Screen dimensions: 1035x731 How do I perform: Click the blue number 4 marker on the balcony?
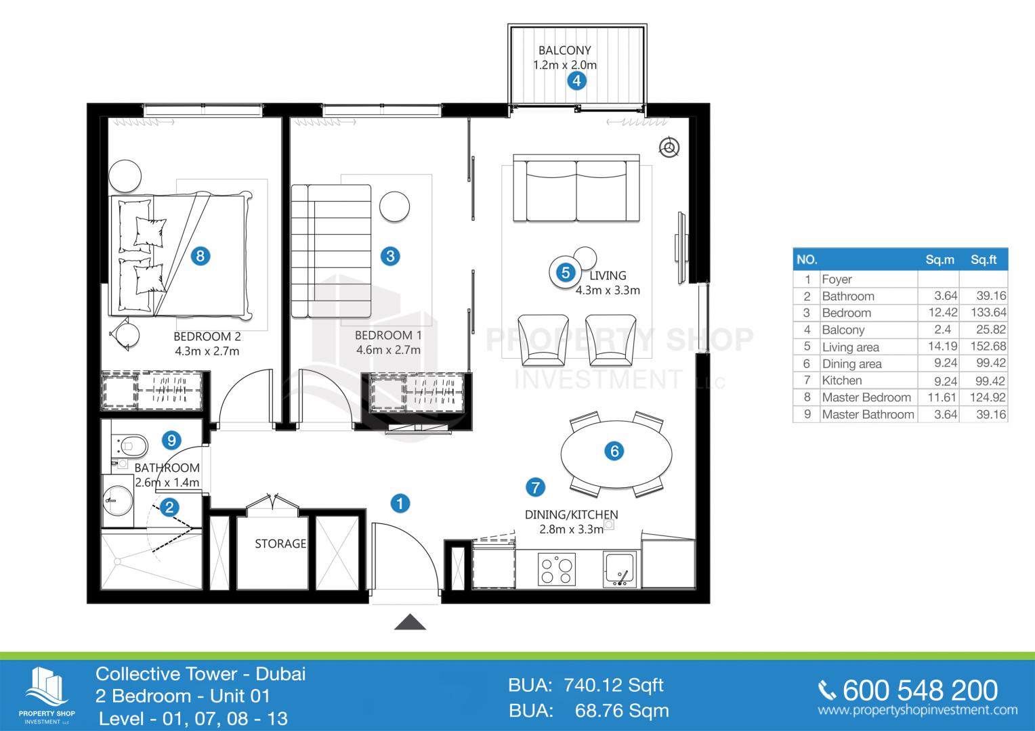point(576,81)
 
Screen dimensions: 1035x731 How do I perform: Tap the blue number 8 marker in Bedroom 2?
point(200,256)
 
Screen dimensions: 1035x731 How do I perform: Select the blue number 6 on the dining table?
point(614,451)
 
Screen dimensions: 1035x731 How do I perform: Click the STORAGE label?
point(280,544)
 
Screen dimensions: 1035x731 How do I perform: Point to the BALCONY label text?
point(565,50)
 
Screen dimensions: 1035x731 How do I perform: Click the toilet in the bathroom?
point(130,446)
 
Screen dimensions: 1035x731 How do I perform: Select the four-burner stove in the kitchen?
point(557,569)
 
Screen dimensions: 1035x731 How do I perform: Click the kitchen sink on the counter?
point(620,570)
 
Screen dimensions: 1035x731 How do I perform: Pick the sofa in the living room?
point(576,188)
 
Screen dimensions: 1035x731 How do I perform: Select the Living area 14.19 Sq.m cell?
point(943,347)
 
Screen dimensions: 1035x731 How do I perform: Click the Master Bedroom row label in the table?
point(866,397)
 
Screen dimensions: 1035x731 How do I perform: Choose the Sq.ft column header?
point(984,259)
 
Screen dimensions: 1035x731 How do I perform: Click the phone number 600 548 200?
point(921,690)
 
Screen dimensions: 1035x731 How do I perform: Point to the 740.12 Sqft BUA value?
point(614,685)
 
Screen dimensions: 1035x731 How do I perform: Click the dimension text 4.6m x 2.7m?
point(388,350)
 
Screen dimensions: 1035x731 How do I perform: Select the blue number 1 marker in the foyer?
point(400,504)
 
